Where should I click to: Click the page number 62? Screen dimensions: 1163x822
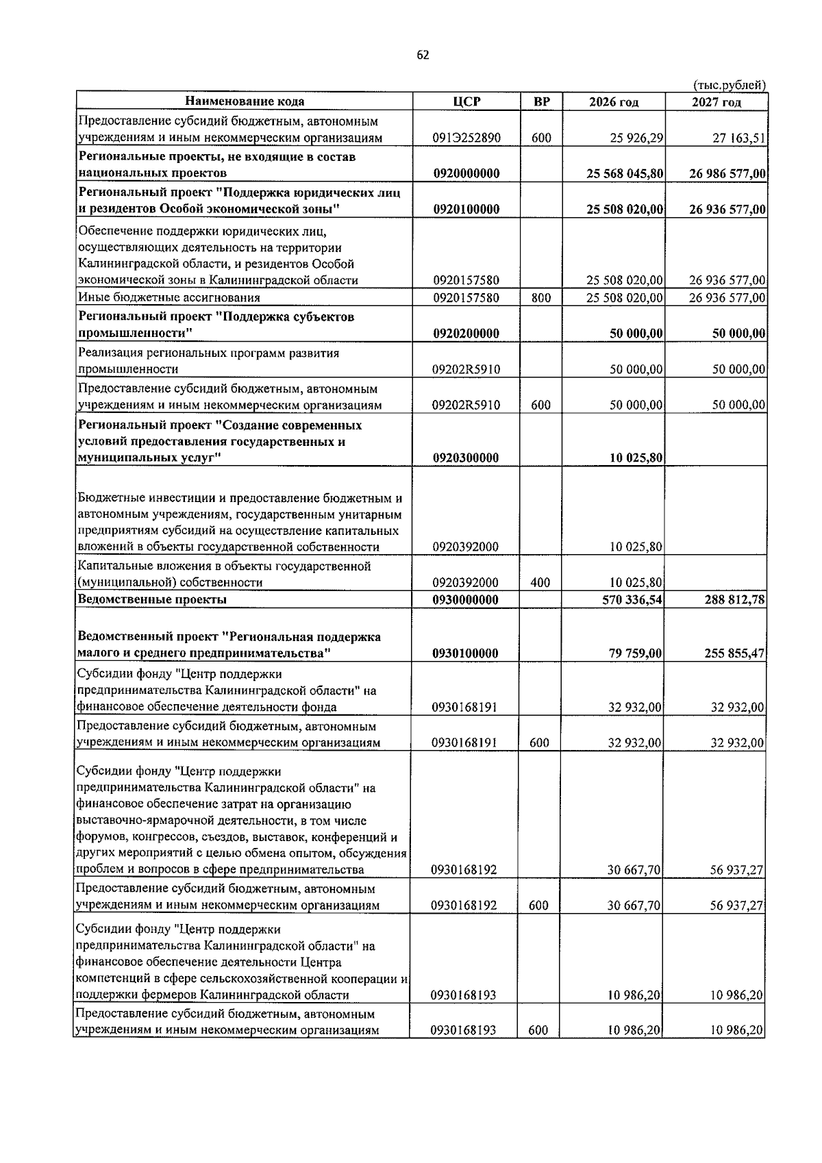[x=423, y=56]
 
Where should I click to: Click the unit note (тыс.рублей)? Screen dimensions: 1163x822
[x=729, y=86]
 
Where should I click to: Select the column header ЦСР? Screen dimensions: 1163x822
[x=466, y=101]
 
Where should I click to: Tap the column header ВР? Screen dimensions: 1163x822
[x=541, y=101]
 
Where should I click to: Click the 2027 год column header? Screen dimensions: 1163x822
[x=717, y=102]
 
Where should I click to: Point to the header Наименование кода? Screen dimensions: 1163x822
[x=245, y=101]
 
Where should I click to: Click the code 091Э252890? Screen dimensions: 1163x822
[x=466, y=138]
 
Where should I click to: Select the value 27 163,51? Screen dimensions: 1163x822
[x=738, y=138]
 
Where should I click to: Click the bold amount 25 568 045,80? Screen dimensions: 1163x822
[x=625, y=174]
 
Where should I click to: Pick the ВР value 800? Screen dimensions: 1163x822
[x=540, y=298]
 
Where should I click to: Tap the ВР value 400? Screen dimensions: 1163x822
[x=540, y=583]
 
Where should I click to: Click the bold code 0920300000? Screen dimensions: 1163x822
[x=466, y=458]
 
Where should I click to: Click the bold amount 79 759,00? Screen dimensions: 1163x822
[x=635, y=653]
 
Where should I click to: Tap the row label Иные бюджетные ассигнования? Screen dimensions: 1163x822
[x=169, y=298]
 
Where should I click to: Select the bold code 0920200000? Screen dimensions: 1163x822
[x=466, y=334]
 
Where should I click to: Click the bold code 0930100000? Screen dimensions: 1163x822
[x=466, y=653]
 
